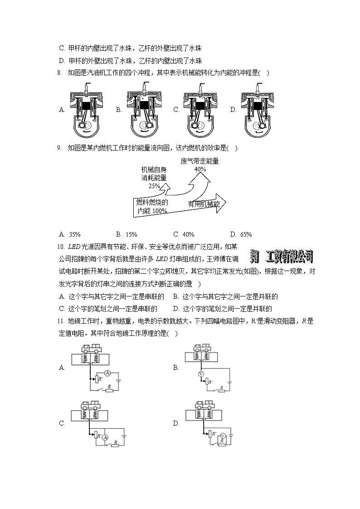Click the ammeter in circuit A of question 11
[x=107, y=373]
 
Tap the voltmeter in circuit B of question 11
[x=200, y=374]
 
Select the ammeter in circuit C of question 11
[x=105, y=437]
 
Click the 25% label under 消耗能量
[x=154, y=185]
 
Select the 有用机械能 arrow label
[x=204, y=204]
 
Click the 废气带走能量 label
[x=199, y=161]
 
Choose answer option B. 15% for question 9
[x=126, y=234]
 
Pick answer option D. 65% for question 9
[x=241, y=234]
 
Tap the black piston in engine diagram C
[x=199, y=105]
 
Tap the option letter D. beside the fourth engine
[x=233, y=110]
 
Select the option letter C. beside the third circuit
[x=62, y=424]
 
